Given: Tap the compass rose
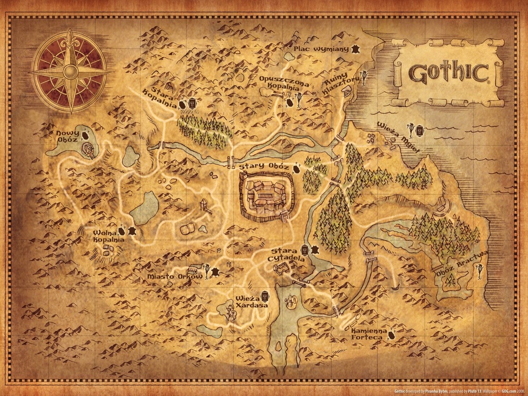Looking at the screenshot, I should point(70,71).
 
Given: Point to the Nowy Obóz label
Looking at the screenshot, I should point(68,138).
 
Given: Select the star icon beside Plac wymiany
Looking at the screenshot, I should point(355,49).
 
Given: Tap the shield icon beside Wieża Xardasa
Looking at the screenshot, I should point(265,296).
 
